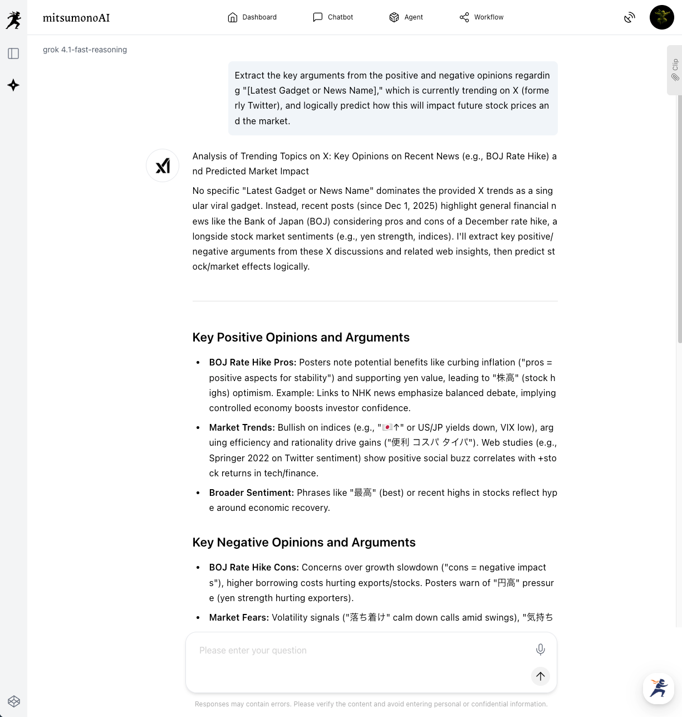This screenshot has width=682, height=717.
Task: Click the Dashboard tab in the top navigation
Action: coord(252,17)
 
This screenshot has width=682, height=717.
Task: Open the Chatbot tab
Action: coord(333,17)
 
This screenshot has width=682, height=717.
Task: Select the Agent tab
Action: coord(406,17)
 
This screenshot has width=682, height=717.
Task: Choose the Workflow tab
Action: coord(482,17)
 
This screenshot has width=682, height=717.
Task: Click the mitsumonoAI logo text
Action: coord(76,18)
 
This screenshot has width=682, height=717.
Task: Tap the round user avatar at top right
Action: coord(661,17)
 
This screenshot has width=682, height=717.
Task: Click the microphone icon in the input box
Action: coord(540,650)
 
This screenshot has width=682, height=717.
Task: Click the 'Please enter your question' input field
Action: coord(356,650)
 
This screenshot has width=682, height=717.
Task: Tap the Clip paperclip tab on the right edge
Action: coord(675,70)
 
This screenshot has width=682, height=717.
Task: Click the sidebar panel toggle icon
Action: coord(13,53)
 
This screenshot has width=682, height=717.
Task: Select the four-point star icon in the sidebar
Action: coord(13,85)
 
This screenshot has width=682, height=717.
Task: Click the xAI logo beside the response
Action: coord(163,165)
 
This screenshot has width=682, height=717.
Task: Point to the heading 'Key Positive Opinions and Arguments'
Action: coord(301,337)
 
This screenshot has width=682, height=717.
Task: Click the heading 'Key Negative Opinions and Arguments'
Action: coord(304,542)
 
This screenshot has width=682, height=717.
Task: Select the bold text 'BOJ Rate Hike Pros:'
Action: coord(253,362)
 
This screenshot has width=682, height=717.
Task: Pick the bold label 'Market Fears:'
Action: coord(239,617)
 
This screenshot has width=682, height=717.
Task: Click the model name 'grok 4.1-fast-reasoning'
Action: coord(85,50)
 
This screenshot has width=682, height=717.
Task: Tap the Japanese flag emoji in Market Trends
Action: coord(387,427)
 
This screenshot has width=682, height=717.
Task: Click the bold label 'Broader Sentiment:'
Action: coord(252,492)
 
